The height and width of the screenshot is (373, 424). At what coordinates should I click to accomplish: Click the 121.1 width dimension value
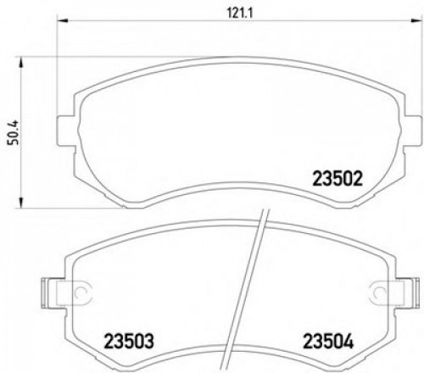click(223, 13)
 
